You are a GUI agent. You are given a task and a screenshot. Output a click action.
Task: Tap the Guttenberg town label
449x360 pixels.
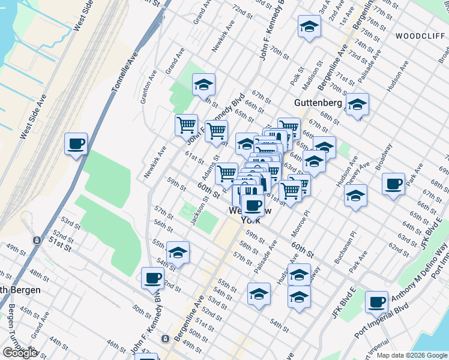coord(318,103)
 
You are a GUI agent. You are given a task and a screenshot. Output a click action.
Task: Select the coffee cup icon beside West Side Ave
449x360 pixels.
coord(76,145)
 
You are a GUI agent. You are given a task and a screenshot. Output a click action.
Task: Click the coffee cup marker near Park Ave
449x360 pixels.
coord(393,184)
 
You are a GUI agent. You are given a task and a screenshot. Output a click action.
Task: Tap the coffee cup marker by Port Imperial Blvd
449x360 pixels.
coord(376,302)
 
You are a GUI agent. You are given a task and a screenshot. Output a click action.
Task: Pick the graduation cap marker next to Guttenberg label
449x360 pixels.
coord(357,106)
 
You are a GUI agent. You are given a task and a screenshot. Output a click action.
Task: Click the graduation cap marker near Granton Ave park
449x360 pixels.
coord(203,85)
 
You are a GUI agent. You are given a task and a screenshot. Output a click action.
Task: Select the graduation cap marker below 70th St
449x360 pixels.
coord(309,26)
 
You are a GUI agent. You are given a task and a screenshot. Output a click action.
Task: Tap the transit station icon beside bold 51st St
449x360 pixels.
coord(37,241)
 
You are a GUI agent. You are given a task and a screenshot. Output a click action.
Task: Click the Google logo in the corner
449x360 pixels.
coord(20,353)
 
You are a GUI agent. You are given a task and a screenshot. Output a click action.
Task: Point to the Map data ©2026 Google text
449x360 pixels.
coord(412,355)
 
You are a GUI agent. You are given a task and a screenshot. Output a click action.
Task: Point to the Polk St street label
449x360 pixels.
coord(297,75)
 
